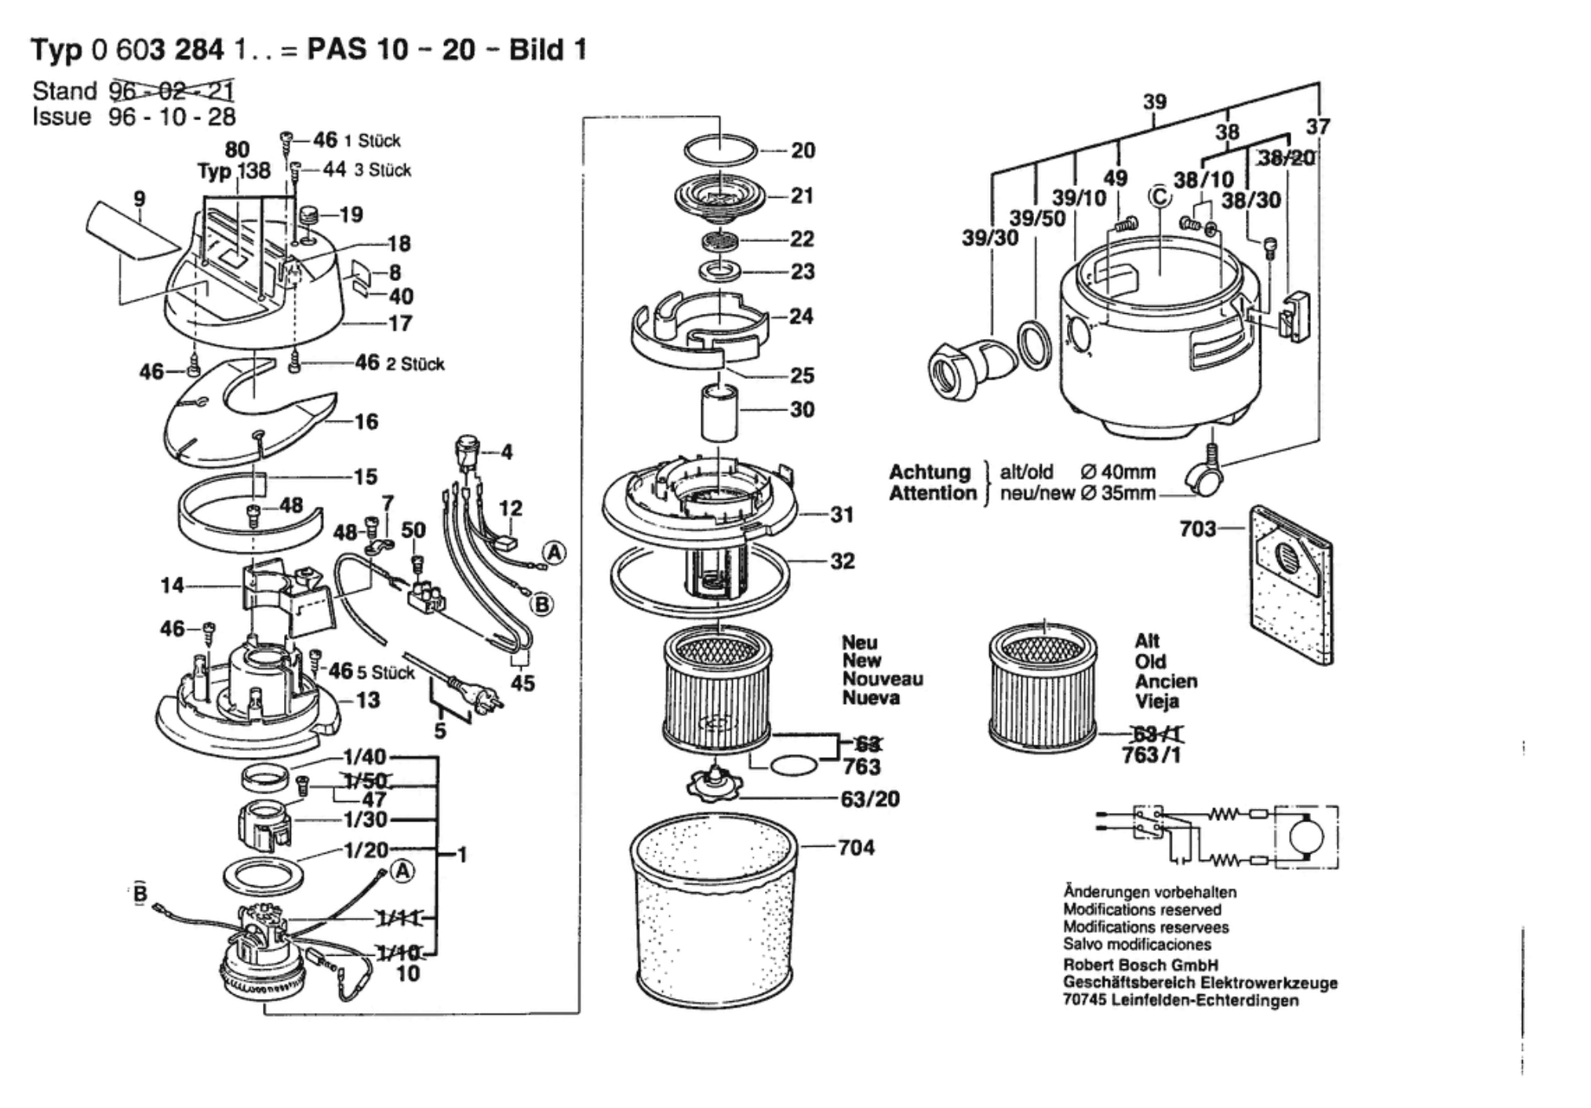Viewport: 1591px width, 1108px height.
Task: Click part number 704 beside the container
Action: tap(856, 847)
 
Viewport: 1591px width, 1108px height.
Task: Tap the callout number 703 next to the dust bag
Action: tap(1197, 529)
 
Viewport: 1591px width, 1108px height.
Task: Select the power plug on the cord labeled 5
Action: tap(464, 694)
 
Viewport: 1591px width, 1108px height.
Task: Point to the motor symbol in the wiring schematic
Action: tap(1305, 837)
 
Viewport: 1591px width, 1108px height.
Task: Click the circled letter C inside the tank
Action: tap(1160, 196)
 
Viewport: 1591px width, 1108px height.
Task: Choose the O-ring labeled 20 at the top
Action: tap(720, 148)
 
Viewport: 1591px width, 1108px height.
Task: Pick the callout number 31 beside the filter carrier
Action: tap(842, 515)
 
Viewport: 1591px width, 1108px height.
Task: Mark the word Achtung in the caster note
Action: tap(930, 472)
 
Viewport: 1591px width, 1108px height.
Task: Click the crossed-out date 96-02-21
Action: tap(172, 91)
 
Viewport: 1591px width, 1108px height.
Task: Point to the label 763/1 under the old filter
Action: tap(1151, 755)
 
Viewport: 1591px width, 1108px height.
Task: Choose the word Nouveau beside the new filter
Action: tap(883, 680)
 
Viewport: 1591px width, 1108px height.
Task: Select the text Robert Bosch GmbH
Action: tap(1140, 965)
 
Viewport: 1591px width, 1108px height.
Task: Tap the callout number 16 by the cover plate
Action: tap(366, 422)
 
